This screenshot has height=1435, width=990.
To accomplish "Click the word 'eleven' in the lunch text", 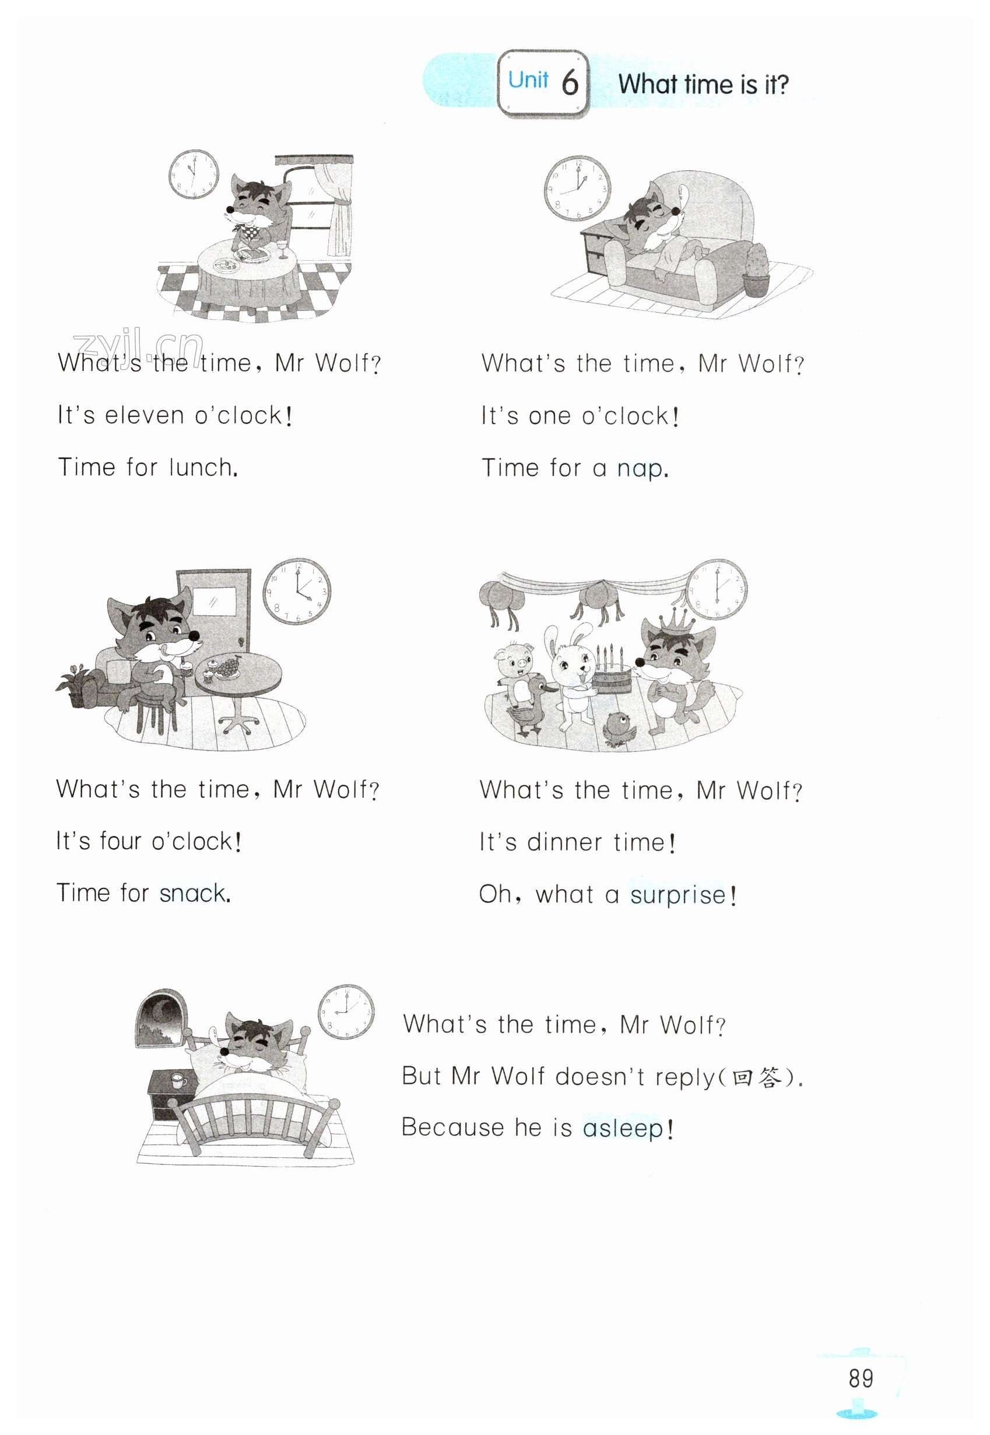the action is click(x=144, y=415).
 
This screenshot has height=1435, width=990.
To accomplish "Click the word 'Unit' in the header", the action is click(x=528, y=80).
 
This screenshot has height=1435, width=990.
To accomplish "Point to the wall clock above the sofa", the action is click(x=577, y=188).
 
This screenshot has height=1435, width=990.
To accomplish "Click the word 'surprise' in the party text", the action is click(x=678, y=894).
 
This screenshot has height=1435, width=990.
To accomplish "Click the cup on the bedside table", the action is click(x=178, y=1081).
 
